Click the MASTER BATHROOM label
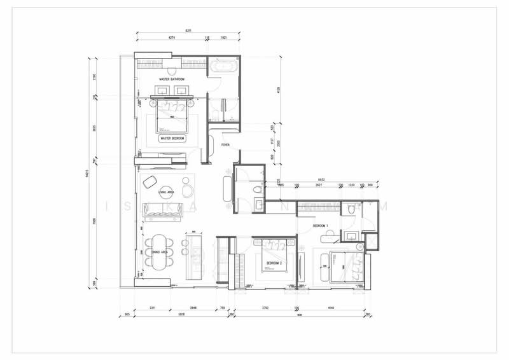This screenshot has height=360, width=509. coord(172,80)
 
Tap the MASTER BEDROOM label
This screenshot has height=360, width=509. coord(172,138)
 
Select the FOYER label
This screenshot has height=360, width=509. coord(225,145)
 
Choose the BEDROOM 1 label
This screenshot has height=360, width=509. coord(321,226)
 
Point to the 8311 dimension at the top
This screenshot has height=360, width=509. coord(188,31)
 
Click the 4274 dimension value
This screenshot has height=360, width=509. coord(172,38)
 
